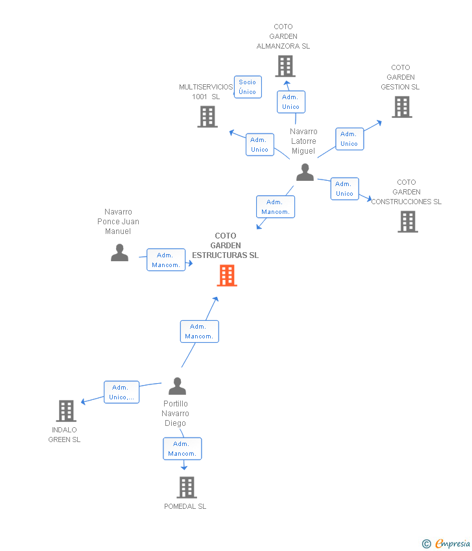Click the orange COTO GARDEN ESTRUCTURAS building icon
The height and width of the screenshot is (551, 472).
point(227,275)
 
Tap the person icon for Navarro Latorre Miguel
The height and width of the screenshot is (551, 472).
point(305,172)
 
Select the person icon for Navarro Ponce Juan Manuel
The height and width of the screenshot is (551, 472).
point(119,253)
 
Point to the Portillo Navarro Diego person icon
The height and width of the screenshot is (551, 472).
point(177,386)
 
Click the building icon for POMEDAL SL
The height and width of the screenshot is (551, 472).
point(186,487)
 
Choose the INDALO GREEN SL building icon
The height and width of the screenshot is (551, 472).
point(66,410)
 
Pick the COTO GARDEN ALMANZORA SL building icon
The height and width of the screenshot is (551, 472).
point(285,66)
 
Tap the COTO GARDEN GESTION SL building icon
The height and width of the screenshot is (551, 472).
point(401,107)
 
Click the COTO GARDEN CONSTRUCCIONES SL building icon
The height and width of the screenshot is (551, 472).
point(407,222)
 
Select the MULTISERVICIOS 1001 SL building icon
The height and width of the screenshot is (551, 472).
point(207,117)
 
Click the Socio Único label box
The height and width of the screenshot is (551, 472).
point(248,87)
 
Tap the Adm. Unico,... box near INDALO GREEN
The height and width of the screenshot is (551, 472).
point(122,392)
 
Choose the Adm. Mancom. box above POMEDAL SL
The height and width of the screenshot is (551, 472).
point(182,449)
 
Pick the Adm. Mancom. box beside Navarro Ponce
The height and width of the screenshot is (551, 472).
point(166,260)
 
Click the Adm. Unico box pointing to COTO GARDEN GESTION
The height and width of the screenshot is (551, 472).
point(349,139)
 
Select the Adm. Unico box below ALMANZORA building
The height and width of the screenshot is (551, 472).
point(290,102)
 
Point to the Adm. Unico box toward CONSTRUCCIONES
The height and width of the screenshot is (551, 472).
point(344,189)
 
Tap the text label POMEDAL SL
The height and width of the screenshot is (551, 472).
point(185,506)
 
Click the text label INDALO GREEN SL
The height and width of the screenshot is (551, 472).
point(64,435)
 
